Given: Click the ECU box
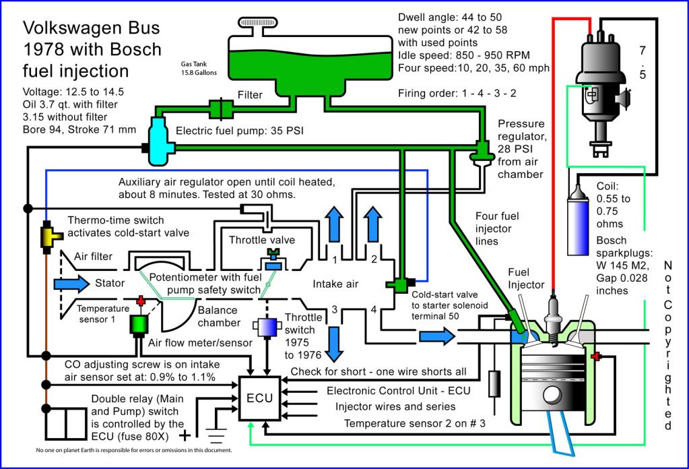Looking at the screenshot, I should point(259,398).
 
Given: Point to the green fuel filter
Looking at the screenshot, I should point(220,107).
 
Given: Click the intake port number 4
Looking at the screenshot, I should point(372,309).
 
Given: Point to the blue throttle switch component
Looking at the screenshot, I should point(267,326).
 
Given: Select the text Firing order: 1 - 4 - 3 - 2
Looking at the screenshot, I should point(457,93).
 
